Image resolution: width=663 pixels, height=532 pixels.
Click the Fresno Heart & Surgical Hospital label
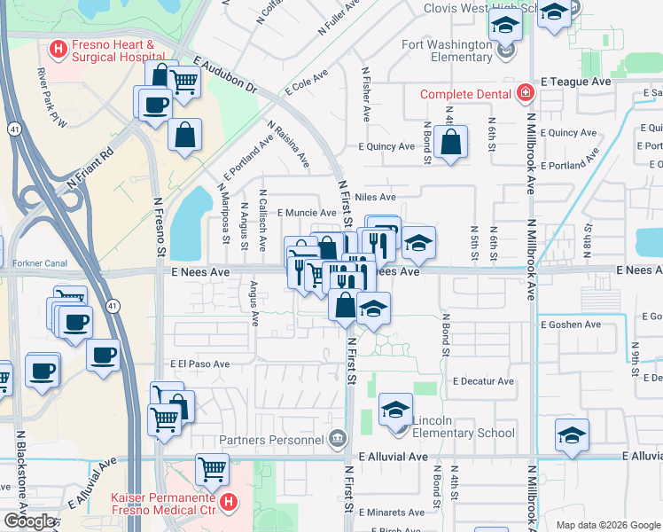pyautogui.click(x=113, y=51)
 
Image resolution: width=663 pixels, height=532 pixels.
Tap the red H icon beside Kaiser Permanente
pyautogui.click(x=228, y=504)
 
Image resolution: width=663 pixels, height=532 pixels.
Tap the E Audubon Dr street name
pyautogui.click(x=224, y=78)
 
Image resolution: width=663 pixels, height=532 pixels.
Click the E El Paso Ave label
pyautogui.click(x=199, y=364)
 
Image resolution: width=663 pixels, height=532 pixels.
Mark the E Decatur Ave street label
pyautogui.click(x=482, y=381)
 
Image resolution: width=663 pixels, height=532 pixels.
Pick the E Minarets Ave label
pyautogui.click(x=393, y=512)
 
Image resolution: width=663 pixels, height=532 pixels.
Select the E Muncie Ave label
pyautogui.click(x=306, y=213)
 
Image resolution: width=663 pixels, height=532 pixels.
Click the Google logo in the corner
pyautogui.click(x=29, y=521)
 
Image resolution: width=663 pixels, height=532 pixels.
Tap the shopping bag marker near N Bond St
pyautogui.click(x=450, y=142)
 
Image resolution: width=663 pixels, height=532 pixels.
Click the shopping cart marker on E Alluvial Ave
pyautogui.click(x=212, y=469)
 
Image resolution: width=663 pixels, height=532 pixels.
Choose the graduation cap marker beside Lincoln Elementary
pyautogui.click(x=395, y=410)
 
